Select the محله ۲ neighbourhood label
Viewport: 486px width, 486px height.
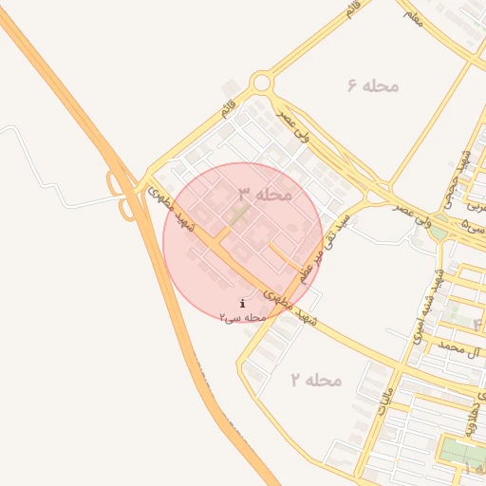(315, 380)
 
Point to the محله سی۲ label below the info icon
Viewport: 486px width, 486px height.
(242, 317)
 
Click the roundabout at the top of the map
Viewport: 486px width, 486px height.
(262, 83)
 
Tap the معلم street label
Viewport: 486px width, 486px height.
(412, 14)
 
